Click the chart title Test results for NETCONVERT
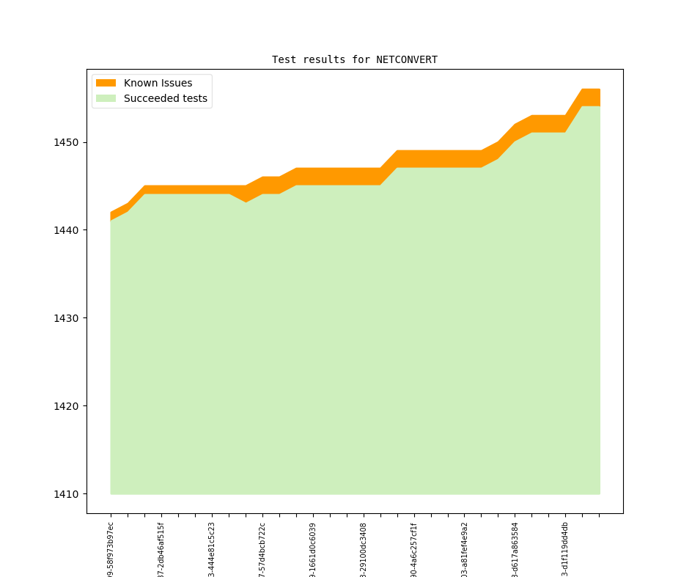coord(354,60)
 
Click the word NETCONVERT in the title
coord(407,60)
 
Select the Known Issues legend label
coord(158,84)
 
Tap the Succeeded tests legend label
coord(165,99)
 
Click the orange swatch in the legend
coord(106,84)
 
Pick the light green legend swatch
coord(106,99)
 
